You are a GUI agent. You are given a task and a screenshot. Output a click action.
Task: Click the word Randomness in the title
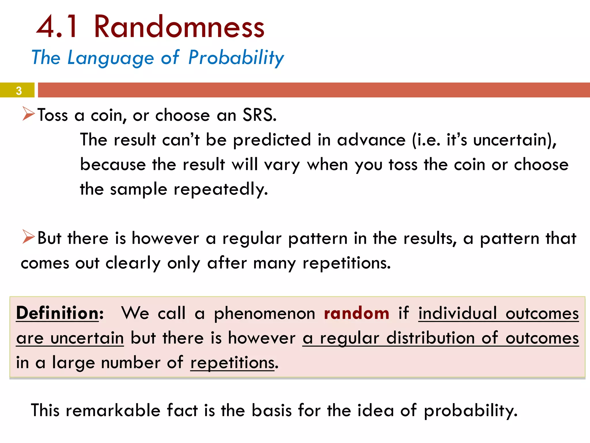(179, 27)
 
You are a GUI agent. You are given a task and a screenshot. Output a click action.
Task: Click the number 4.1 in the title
(57, 27)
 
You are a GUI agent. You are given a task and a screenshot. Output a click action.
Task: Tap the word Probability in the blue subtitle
(236, 58)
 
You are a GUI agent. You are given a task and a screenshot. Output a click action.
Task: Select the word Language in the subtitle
(111, 58)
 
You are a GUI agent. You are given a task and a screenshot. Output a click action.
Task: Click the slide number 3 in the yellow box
(19, 91)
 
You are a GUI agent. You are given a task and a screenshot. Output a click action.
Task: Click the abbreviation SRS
(259, 115)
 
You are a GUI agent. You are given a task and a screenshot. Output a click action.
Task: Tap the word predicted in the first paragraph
(272, 140)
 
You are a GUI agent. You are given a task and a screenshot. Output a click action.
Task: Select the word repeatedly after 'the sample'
(221, 190)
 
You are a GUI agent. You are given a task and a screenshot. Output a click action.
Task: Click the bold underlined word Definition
(58, 313)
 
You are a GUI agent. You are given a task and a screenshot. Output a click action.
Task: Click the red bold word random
(356, 313)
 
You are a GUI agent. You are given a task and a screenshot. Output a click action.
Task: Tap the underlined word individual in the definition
(457, 313)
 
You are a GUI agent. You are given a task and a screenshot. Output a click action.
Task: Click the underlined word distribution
(430, 338)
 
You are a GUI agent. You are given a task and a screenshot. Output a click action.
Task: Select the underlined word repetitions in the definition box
(232, 363)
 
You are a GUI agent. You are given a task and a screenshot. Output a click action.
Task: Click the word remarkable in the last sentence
(113, 410)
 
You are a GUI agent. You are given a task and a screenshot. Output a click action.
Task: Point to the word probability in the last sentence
(470, 411)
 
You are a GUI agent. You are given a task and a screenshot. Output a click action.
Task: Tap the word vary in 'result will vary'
(282, 165)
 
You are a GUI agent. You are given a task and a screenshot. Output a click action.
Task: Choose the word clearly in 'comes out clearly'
(133, 263)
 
